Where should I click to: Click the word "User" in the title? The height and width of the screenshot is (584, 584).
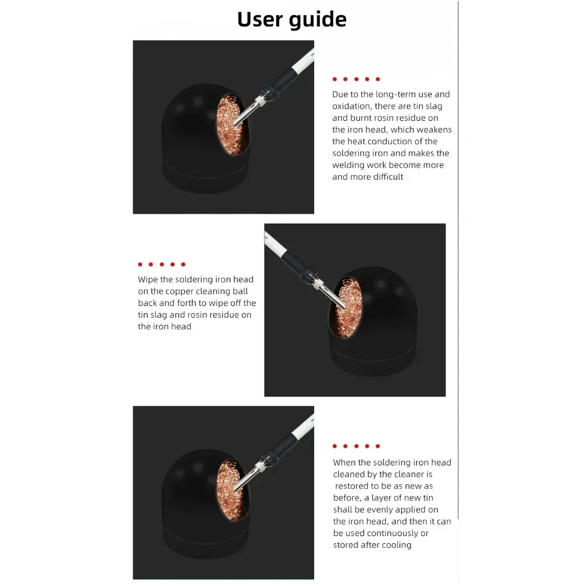point(259,19)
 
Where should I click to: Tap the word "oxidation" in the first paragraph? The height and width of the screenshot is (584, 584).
point(351,106)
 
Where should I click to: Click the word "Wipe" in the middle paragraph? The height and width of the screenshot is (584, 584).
point(148,280)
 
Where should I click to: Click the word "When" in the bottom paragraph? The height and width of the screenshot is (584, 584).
point(344,463)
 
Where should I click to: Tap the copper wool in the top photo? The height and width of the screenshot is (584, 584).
point(229,125)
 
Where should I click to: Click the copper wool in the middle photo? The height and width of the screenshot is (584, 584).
point(346,307)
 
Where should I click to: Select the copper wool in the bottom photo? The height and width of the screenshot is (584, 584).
point(229,490)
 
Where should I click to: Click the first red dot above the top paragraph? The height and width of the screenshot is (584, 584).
point(335,79)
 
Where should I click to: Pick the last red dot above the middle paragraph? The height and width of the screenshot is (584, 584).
point(183,265)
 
